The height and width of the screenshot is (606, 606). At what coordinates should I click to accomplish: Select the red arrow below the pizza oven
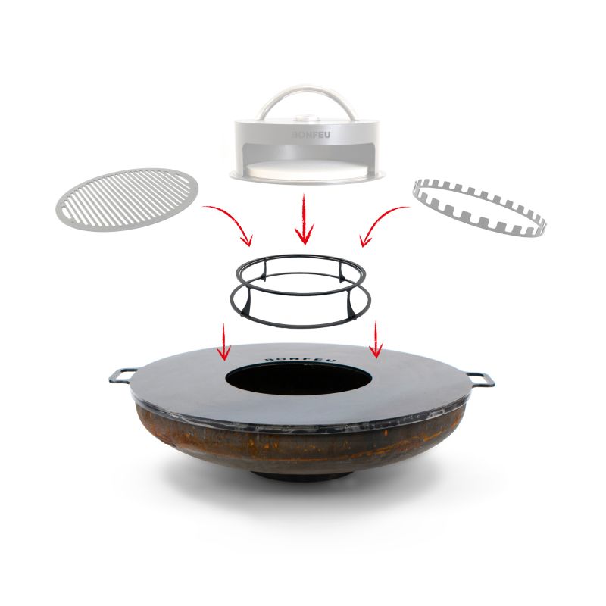click(x=304, y=220)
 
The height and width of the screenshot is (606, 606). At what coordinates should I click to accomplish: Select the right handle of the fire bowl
click(x=482, y=376)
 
